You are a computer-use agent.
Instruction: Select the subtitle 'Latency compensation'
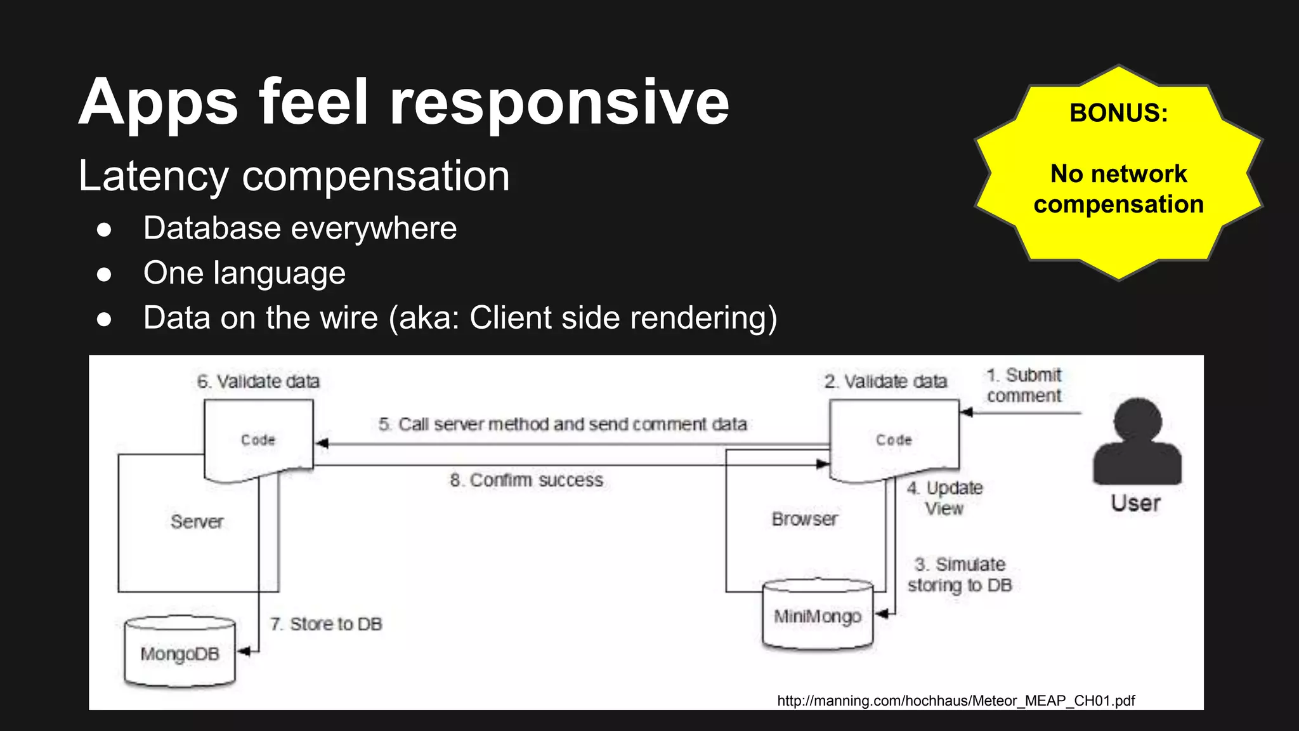pos(294,176)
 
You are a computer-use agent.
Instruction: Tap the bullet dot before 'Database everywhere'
pos(104,229)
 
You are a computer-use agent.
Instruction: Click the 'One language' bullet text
pos(244,273)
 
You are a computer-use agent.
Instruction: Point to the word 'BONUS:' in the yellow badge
pos(1118,113)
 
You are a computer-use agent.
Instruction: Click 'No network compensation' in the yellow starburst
pos(1118,189)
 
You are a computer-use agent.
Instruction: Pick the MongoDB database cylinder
pos(180,652)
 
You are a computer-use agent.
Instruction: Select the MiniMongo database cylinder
pos(818,615)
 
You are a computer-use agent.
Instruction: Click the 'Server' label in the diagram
pos(197,522)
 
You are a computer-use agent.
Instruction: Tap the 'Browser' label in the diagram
pos(804,519)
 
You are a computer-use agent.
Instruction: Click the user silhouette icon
pos(1137,442)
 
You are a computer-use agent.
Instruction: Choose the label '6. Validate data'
pos(258,381)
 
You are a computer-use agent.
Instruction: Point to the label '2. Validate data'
pos(885,381)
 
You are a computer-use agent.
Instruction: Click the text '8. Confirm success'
pos(526,480)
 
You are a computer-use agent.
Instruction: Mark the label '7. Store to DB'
pos(326,624)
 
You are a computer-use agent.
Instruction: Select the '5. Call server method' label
pos(563,424)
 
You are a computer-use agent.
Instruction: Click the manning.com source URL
pos(955,701)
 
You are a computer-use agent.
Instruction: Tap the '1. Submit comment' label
pos(1023,385)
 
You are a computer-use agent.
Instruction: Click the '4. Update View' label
pos(944,498)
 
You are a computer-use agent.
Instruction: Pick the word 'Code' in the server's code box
pos(258,440)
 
